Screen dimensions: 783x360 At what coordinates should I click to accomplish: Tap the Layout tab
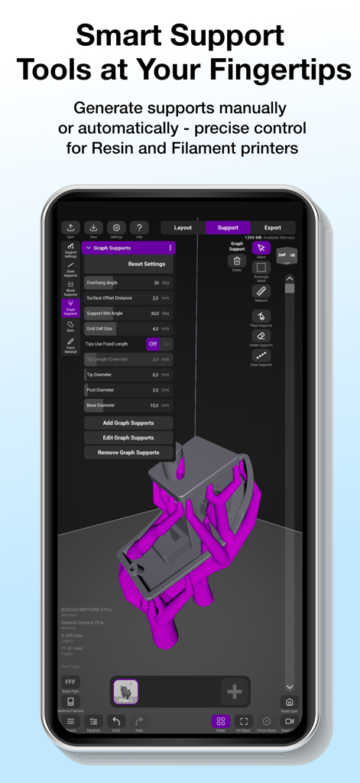(183, 227)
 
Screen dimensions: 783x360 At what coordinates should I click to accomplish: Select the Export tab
(273, 227)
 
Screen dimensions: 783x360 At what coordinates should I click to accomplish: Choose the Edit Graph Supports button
(128, 437)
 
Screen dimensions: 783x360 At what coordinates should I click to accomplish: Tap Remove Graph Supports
(128, 453)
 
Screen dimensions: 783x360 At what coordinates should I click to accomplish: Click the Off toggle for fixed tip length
(153, 344)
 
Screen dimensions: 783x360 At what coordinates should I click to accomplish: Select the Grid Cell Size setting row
(128, 328)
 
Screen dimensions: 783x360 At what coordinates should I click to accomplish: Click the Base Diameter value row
(128, 405)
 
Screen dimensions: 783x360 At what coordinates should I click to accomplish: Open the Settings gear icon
(116, 228)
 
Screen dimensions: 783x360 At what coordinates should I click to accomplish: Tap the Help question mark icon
(139, 228)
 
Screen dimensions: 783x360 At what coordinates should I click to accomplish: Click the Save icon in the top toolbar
(93, 228)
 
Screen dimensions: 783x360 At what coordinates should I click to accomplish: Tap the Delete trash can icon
(237, 262)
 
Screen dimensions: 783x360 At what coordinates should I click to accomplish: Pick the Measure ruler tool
(261, 291)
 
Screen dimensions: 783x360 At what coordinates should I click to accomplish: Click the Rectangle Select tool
(261, 268)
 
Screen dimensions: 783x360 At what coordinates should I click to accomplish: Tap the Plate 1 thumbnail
(125, 690)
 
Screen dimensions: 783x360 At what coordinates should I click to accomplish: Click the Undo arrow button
(116, 721)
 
